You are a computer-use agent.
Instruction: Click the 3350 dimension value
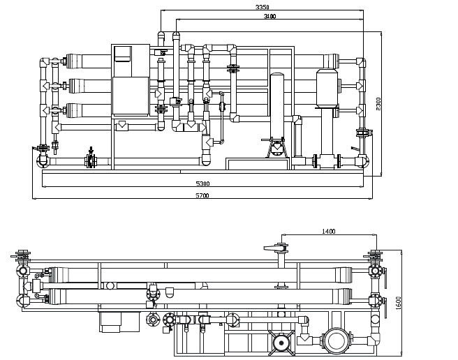click(x=262, y=7)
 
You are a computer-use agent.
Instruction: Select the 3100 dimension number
click(x=269, y=16)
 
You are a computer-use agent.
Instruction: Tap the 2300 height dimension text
click(x=378, y=104)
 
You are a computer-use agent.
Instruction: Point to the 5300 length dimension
click(x=202, y=183)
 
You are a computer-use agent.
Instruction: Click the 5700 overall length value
click(x=202, y=195)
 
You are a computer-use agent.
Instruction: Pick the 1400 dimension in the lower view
click(x=329, y=231)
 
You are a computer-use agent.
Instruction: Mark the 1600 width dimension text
click(x=398, y=303)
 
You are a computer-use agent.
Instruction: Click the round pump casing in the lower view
click(x=337, y=340)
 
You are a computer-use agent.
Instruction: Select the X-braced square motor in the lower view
click(x=281, y=343)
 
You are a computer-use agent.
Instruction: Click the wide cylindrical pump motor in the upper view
click(x=327, y=88)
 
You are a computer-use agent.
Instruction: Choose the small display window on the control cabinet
click(x=122, y=54)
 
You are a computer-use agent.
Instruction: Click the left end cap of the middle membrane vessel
click(x=76, y=86)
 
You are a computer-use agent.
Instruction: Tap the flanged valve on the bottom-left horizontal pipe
click(x=91, y=160)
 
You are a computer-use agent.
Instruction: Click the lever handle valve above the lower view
click(x=276, y=248)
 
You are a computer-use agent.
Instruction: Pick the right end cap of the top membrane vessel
click(x=331, y=61)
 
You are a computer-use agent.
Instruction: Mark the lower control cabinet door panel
click(x=131, y=96)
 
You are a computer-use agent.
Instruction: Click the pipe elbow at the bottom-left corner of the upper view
click(x=42, y=161)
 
